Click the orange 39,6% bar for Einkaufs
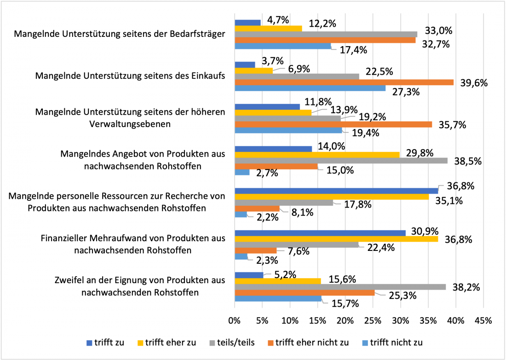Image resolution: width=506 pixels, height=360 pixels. [345, 82]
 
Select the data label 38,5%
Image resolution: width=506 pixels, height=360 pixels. [467, 161]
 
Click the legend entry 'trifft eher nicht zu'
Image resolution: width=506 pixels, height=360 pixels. [312, 342]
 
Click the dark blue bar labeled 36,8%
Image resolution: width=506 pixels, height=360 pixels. [336, 190]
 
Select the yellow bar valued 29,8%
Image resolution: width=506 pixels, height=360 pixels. [317, 155]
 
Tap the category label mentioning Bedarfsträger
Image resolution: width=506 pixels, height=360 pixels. [120, 34]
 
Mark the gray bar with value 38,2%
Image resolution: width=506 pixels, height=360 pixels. [340, 287]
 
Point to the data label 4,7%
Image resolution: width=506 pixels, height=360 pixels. [278, 20]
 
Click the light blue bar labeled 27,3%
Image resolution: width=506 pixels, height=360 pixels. [310, 88]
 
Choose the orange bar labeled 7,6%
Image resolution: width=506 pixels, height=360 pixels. [256, 250]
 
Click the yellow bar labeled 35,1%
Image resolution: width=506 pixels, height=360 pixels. [331, 197]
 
